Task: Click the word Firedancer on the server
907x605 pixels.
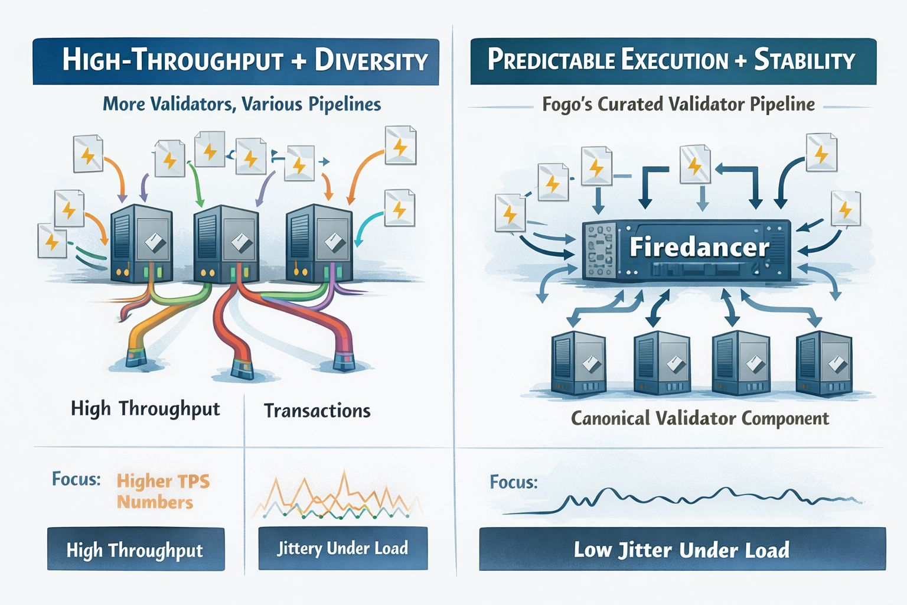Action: click(699, 247)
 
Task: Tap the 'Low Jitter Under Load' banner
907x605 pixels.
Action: click(681, 549)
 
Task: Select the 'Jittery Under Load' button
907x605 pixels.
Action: click(342, 548)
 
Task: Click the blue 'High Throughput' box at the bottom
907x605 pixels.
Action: click(135, 550)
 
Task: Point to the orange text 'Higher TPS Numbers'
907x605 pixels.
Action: click(163, 492)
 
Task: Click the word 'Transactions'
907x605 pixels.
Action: click(317, 411)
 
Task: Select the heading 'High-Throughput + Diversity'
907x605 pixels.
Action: click(244, 61)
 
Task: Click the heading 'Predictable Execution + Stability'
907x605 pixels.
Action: click(671, 61)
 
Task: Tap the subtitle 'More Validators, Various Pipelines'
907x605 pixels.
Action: click(242, 105)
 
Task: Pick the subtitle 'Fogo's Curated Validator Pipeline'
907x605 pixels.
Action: click(678, 105)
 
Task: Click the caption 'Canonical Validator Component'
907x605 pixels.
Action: click(700, 418)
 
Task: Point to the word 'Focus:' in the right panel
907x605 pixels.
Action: click(514, 482)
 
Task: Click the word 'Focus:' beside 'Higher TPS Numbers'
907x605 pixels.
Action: click(76, 479)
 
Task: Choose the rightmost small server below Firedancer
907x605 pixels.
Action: click(823, 363)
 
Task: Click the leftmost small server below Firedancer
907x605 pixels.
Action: click(578, 363)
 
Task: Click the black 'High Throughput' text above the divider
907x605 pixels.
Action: click(145, 409)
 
